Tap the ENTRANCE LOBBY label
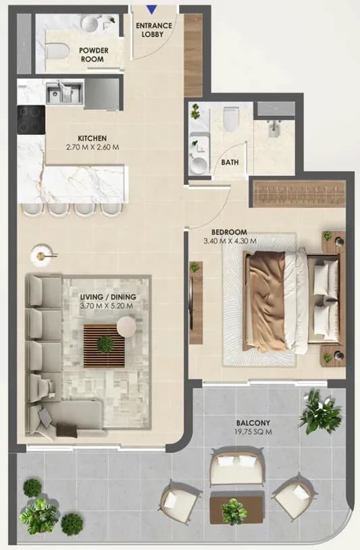[x=154, y=30]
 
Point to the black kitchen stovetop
[x=31, y=119]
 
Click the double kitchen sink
[x=64, y=92]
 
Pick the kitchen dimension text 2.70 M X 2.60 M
[x=93, y=147]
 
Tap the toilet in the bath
[x=232, y=119]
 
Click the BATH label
[x=230, y=163]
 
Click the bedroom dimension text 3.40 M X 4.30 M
[x=230, y=241]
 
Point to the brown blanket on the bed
[x=266, y=301]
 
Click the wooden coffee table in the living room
[x=104, y=346]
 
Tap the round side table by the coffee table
[x=126, y=327]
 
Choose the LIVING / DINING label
[x=108, y=297]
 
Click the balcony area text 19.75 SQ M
[x=253, y=432]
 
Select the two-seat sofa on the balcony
[x=236, y=466]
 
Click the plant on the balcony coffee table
[x=234, y=512]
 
